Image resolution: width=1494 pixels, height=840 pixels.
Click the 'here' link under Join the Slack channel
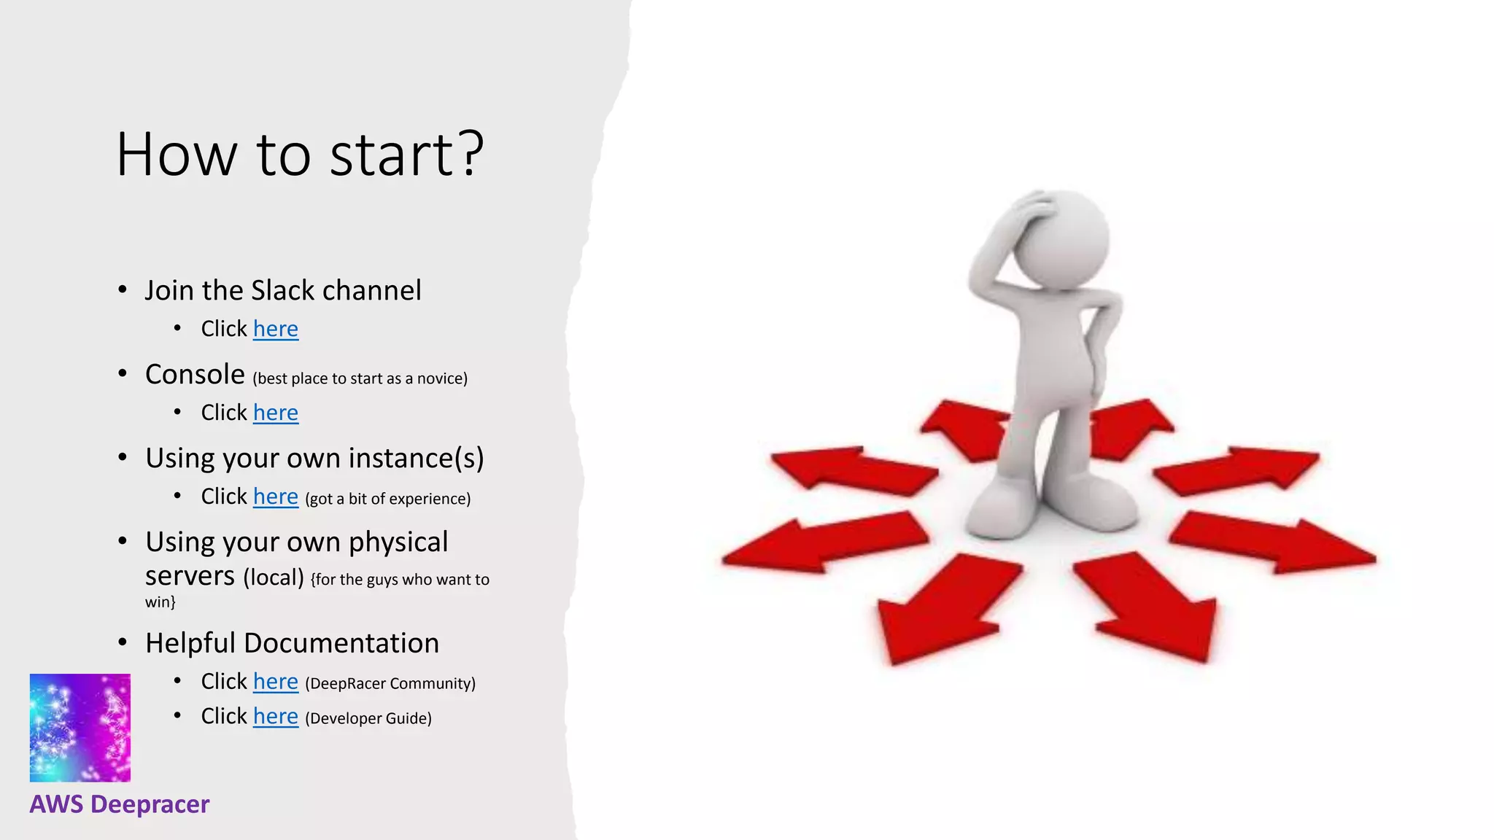coord(275,329)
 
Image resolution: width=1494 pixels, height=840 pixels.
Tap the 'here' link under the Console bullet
coord(275,413)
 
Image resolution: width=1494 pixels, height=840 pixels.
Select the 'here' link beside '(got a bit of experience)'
coord(275,497)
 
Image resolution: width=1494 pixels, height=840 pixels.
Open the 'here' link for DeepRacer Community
coord(275,682)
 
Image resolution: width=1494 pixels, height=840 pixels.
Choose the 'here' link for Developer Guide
coord(275,717)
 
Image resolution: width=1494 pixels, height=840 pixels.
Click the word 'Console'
coord(195,374)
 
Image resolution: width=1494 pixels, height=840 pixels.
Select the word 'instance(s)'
coord(416,458)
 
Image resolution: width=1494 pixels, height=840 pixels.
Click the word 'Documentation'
coord(341,643)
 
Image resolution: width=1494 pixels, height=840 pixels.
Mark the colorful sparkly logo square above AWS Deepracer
coord(80,728)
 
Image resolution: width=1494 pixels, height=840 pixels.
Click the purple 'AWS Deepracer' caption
coord(120,804)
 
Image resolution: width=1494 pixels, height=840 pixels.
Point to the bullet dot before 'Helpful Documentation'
coord(123,643)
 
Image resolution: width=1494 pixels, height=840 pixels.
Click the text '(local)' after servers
coord(274,577)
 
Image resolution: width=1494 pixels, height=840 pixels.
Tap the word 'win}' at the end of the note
coord(160,602)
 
